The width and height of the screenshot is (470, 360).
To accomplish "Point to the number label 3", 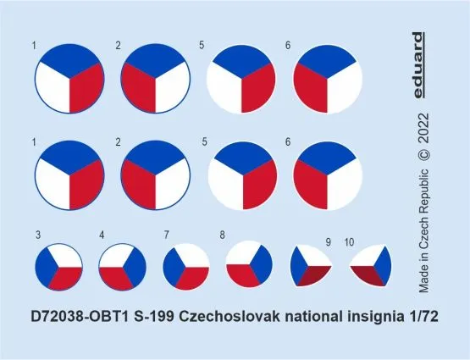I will pyautogui.click(x=38, y=234).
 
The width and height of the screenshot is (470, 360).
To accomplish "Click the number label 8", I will pyautogui.click(x=223, y=234).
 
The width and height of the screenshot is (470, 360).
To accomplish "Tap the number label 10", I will pyautogui.click(x=351, y=242).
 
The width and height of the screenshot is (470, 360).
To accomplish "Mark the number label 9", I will pyautogui.click(x=329, y=242).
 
